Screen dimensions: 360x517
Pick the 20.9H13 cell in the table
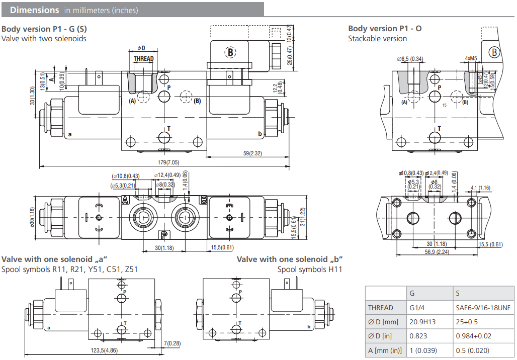[423, 322]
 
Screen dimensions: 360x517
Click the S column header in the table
[458, 293]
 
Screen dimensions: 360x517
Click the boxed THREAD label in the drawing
[143, 59]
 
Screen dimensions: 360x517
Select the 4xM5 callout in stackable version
[471, 58]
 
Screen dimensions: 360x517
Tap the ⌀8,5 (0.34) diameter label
[411, 59]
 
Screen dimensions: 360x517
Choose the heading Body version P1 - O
[385, 28]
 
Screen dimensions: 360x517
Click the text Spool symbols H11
[310, 269]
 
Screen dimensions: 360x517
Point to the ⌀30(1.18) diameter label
[32, 217]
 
